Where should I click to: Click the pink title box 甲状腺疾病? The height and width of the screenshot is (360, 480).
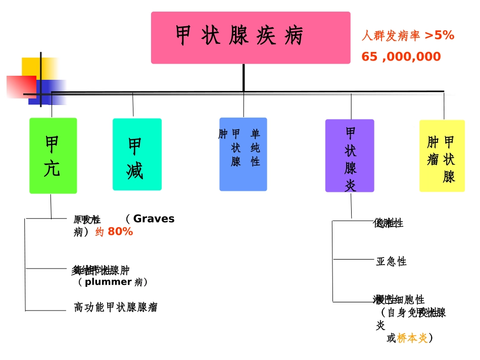[251, 38]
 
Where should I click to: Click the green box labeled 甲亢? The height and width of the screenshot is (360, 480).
[53, 156]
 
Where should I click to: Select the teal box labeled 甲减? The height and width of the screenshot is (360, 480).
[137, 155]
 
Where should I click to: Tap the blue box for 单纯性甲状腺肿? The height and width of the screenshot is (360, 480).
[243, 155]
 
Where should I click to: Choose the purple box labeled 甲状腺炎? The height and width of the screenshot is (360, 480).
[350, 156]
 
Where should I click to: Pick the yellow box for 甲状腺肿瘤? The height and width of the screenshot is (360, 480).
[442, 156]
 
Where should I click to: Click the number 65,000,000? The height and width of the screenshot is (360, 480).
[401, 57]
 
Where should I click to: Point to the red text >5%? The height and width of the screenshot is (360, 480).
[439, 35]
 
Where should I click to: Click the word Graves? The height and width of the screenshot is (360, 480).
[154, 219]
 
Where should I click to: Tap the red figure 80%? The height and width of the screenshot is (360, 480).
[120, 232]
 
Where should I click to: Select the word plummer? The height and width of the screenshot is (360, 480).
[108, 282]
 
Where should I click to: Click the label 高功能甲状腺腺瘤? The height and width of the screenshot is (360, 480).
[116, 307]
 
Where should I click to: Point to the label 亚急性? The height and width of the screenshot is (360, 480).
[391, 262]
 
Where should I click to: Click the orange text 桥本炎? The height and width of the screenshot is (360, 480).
[412, 338]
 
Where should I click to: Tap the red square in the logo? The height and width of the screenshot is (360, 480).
[20, 86]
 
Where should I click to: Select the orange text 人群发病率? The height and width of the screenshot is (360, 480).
[391, 36]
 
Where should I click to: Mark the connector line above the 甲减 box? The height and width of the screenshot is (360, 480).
[133, 105]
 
